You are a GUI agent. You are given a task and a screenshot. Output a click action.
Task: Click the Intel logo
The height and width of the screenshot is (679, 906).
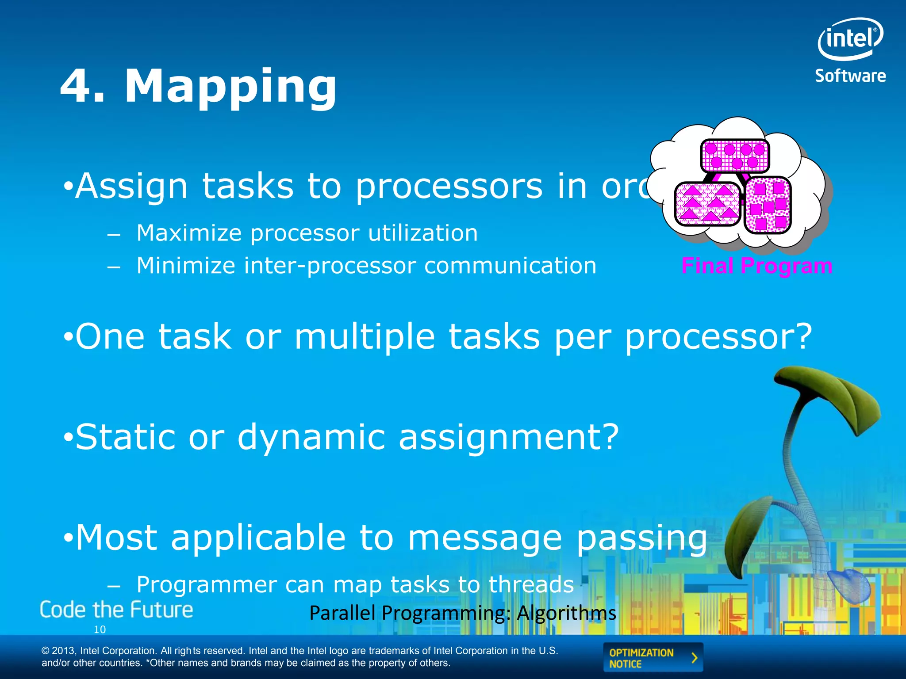coord(850,39)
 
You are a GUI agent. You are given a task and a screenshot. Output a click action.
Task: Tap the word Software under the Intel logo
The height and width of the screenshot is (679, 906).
coord(850,76)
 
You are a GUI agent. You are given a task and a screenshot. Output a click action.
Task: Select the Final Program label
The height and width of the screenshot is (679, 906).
coord(756,266)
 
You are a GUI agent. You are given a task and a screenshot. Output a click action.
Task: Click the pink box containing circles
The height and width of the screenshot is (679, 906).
coord(735,156)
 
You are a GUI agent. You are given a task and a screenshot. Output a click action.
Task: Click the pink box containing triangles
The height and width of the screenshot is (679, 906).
coord(707,204)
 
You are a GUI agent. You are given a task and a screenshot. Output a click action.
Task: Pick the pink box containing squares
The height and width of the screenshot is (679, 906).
coord(768,205)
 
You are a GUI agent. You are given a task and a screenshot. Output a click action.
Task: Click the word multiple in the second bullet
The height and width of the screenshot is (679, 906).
coord(365,337)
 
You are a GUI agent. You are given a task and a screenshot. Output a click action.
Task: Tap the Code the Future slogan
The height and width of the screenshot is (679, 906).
coord(116,610)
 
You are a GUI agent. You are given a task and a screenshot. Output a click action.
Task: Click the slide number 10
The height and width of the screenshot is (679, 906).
coord(100,629)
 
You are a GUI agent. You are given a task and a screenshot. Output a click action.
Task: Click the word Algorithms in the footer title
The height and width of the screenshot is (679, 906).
coord(566,613)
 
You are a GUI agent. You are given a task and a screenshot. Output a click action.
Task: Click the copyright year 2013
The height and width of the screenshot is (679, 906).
coord(65,651)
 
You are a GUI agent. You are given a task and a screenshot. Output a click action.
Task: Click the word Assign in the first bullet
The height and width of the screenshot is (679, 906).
coord(131,187)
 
